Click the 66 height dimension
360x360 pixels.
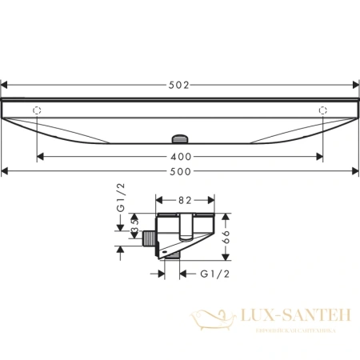(x=228, y=236)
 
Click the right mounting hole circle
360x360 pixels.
(x=323, y=110)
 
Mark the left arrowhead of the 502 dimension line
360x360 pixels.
(x=6, y=82)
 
